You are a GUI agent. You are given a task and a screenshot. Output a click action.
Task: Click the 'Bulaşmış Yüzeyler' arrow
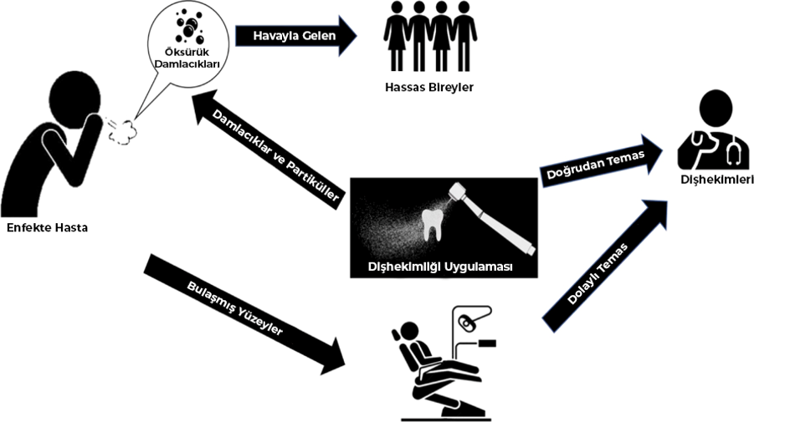[243, 313]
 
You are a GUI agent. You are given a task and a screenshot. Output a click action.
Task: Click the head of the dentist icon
[716, 109]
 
